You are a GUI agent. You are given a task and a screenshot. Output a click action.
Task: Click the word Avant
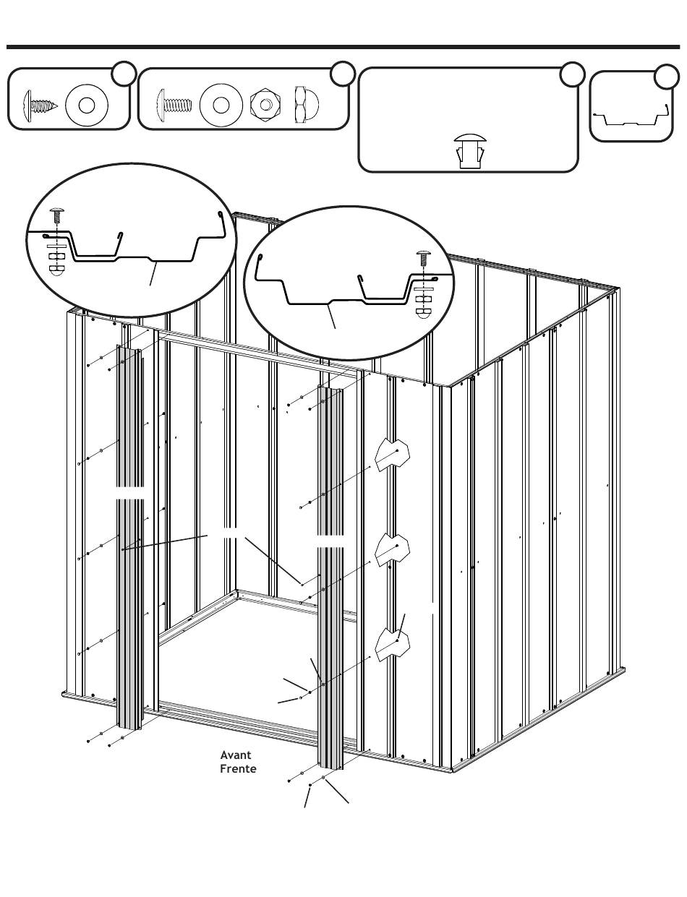tap(235, 755)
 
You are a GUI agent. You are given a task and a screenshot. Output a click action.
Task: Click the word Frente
tap(238, 768)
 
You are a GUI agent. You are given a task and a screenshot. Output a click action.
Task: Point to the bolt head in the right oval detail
tap(424, 255)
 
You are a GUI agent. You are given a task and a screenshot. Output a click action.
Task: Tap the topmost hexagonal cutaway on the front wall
tap(392, 453)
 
